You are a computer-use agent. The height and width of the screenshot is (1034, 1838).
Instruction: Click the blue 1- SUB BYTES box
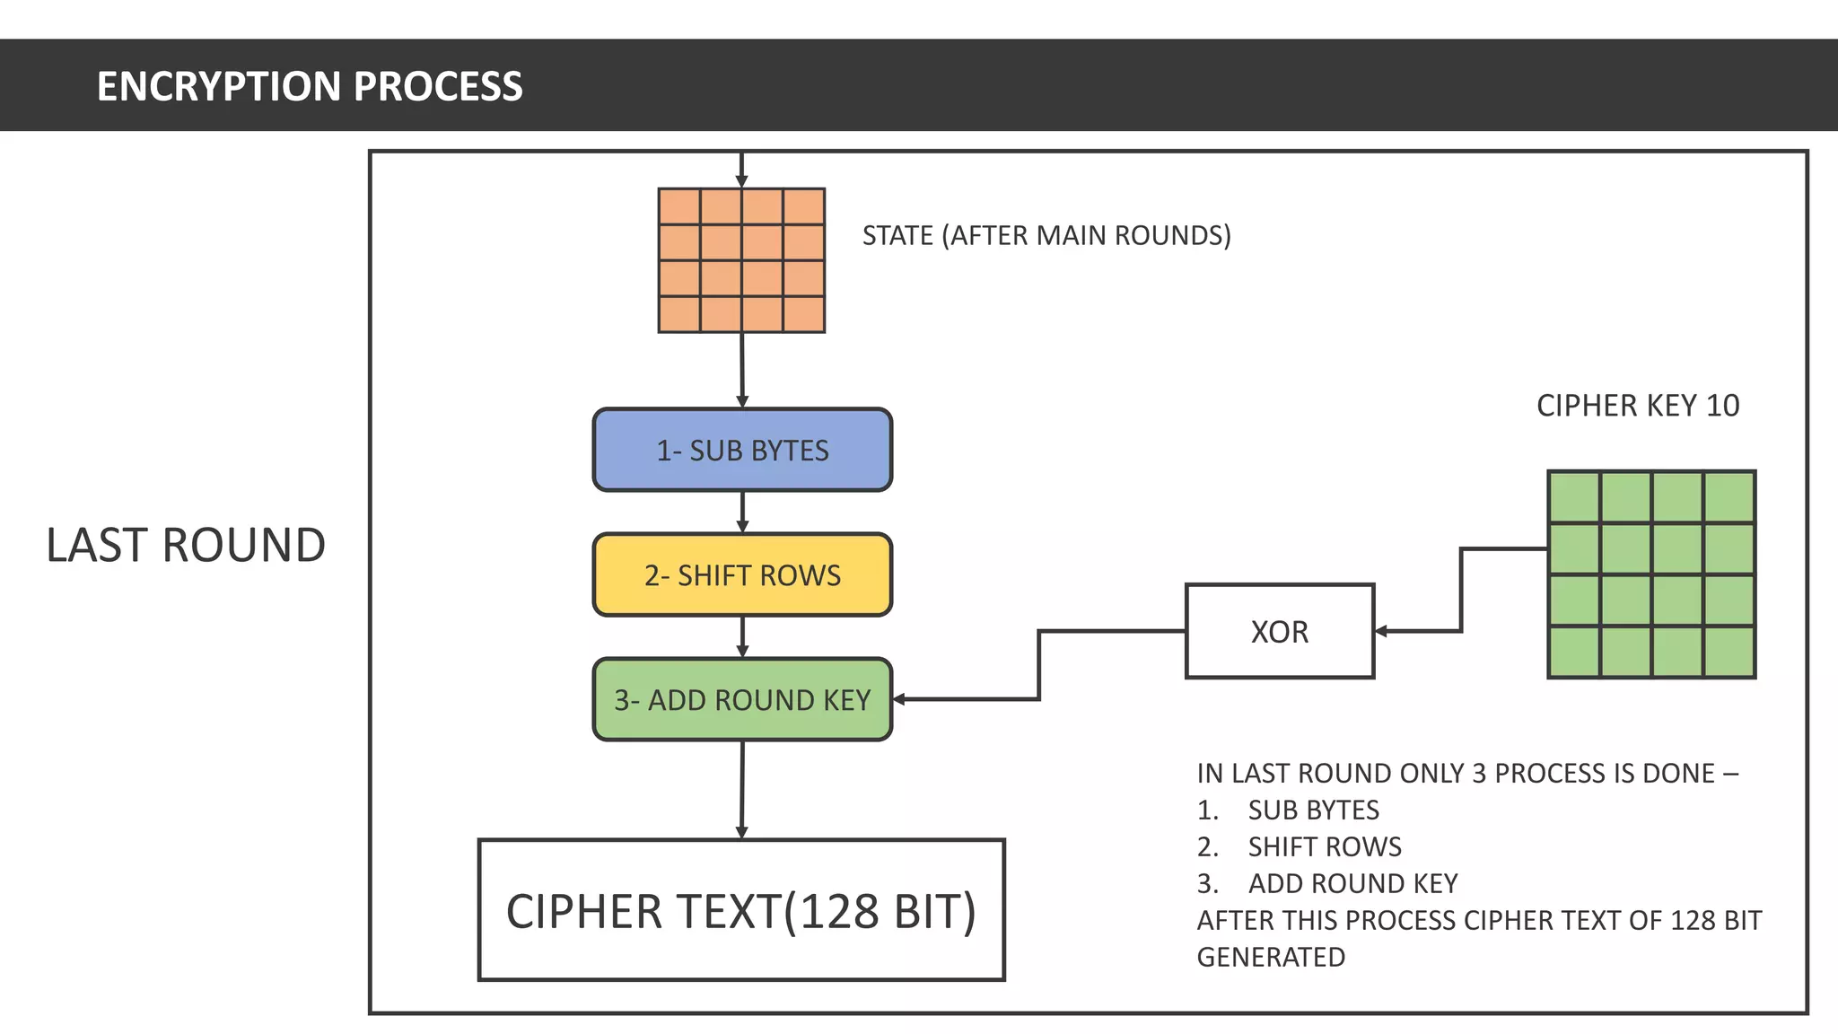tap(742, 450)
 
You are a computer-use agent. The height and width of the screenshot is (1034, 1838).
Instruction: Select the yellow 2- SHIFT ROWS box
tap(742, 574)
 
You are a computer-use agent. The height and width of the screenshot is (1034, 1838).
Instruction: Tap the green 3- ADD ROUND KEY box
tap(742, 699)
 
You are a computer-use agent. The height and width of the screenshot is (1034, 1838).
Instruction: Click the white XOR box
tap(1279, 631)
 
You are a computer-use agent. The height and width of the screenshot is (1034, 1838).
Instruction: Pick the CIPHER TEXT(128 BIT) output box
tap(740, 910)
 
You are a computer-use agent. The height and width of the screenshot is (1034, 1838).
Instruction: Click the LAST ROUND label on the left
tap(186, 545)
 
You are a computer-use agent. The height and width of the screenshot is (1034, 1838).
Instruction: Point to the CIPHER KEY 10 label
tap(1637, 406)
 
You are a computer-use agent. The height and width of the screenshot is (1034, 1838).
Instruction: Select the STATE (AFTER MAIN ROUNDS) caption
tap(1046, 235)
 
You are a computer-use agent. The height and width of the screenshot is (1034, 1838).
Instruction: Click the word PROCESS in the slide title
tap(438, 86)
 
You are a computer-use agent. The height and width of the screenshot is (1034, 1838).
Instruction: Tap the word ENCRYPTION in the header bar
tap(218, 86)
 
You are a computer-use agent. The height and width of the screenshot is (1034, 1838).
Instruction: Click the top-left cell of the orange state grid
tap(679, 206)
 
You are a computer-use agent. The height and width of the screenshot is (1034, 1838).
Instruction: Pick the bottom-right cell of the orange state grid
tap(803, 314)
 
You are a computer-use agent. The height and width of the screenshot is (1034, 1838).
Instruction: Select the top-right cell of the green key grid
tap(1729, 497)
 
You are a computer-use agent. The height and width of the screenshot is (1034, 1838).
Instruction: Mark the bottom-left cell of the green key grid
tap(1574, 652)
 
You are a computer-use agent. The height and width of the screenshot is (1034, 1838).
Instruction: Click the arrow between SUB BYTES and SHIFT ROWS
tap(742, 513)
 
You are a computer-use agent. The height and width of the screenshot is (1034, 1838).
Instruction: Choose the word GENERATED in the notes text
tap(1271, 957)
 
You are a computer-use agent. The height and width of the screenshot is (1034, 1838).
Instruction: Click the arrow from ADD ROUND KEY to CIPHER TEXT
tap(742, 790)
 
